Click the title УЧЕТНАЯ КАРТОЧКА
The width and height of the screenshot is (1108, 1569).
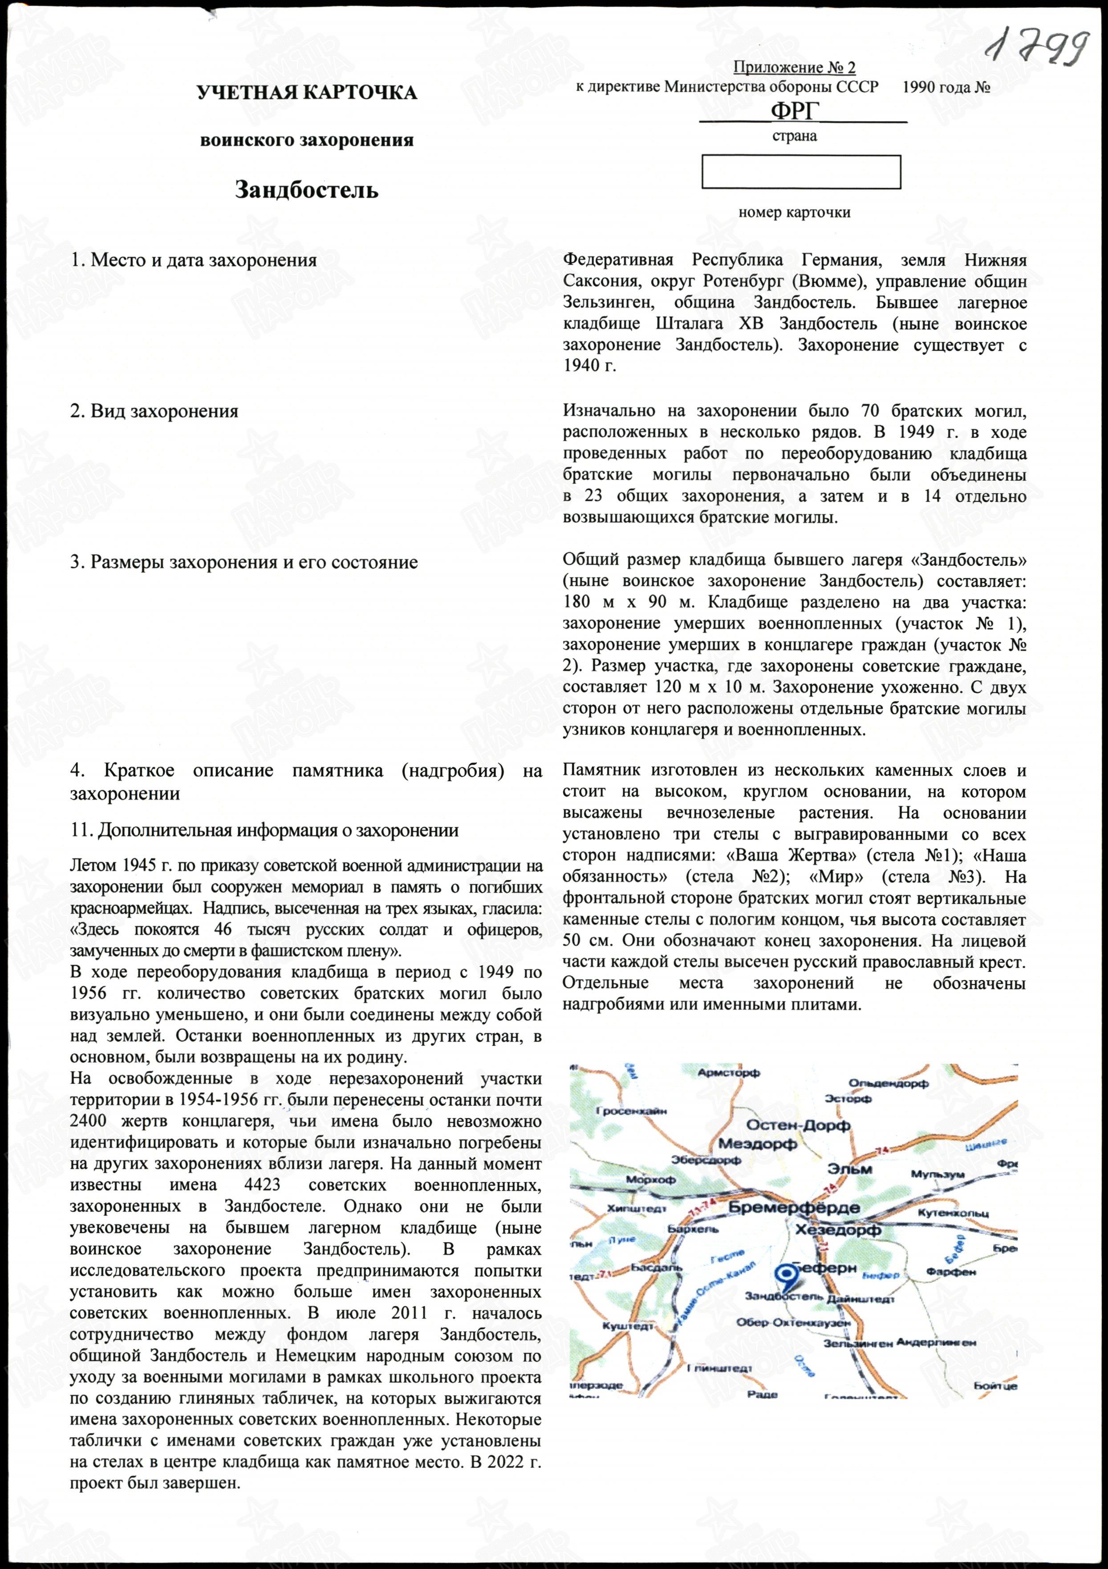[307, 93]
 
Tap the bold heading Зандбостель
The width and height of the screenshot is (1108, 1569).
[307, 190]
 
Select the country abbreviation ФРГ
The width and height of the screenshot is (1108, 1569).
[794, 111]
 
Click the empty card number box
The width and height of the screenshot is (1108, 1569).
[801, 172]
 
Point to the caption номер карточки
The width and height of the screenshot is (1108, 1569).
[794, 212]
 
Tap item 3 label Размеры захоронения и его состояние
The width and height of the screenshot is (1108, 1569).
[244, 563]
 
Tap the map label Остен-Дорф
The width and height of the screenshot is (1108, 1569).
[798, 1126]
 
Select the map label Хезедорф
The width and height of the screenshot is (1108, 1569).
[838, 1229]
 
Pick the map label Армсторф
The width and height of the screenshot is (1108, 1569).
[729, 1074]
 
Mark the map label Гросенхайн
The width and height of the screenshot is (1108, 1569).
[631, 1111]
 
